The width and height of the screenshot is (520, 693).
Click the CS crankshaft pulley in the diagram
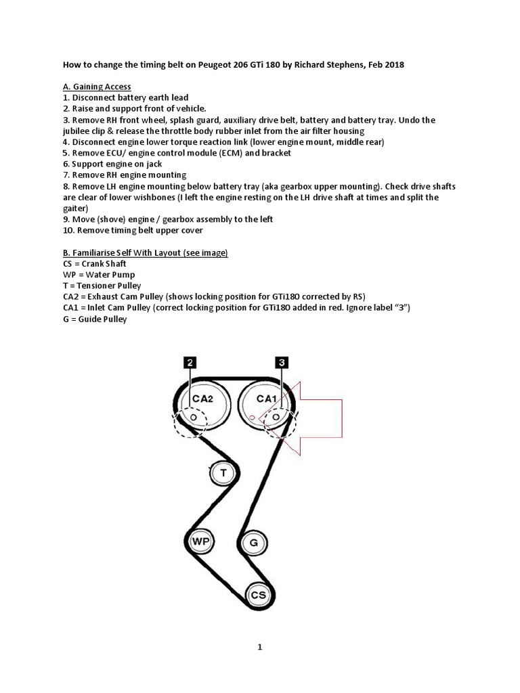[x=259, y=594]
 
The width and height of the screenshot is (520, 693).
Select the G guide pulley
[x=253, y=542]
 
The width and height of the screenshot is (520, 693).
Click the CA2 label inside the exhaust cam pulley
[x=202, y=399]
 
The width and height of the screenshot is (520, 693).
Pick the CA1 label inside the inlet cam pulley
[x=265, y=399]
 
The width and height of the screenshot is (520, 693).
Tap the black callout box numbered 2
[x=190, y=363]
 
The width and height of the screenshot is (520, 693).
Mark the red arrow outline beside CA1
[x=318, y=417]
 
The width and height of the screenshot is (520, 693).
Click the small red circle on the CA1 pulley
[x=251, y=418]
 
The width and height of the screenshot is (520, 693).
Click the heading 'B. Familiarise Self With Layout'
[x=145, y=252]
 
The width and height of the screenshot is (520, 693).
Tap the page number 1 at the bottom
[x=259, y=647]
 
